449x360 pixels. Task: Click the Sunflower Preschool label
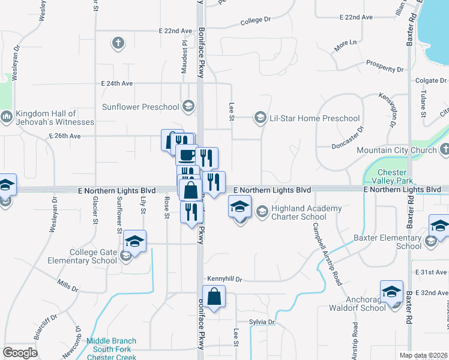(140, 107)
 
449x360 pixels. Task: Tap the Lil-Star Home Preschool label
(315, 118)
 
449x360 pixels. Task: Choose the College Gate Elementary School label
(93, 256)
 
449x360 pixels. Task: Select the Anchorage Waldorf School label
(357, 304)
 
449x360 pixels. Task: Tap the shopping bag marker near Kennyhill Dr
(214, 296)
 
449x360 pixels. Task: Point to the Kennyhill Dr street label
(224, 279)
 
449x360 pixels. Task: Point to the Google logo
(20, 353)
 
